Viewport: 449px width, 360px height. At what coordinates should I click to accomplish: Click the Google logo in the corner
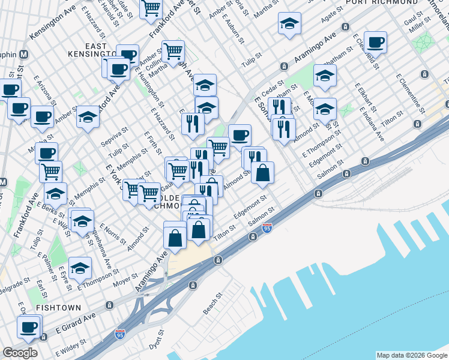point(20,353)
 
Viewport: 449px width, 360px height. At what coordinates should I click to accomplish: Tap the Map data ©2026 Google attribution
point(412,355)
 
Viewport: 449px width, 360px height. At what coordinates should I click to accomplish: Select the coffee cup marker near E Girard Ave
point(28,326)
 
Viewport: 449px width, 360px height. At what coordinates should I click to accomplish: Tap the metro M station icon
point(25,54)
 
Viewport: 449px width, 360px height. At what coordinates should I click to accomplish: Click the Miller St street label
point(416,28)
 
